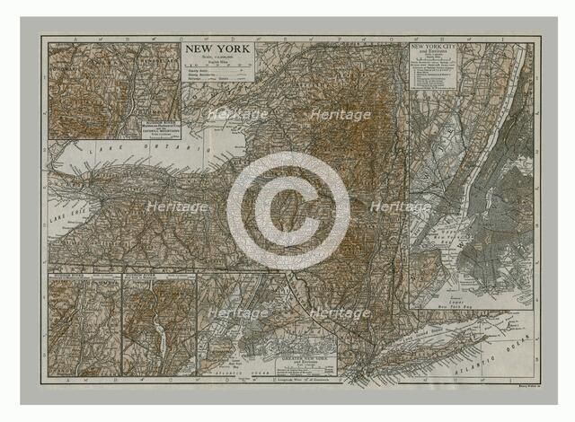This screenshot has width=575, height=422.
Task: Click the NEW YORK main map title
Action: coord(218,49)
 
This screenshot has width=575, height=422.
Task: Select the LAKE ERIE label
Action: coord(60,215)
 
